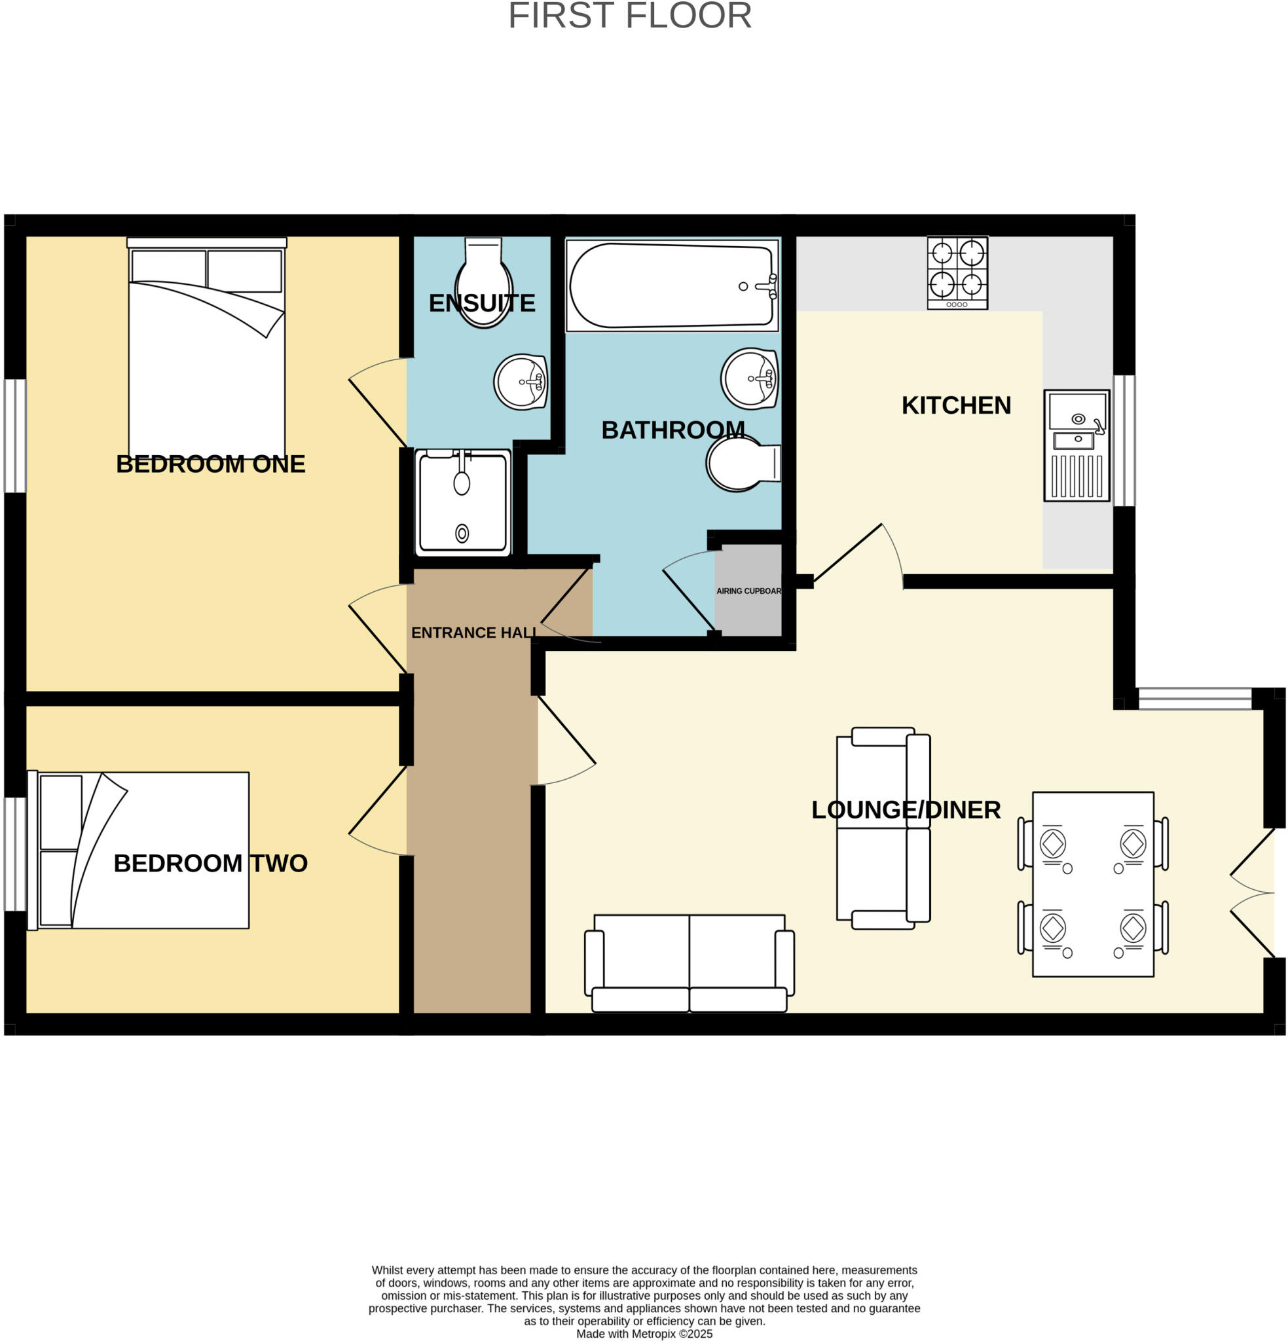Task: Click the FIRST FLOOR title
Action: click(x=629, y=16)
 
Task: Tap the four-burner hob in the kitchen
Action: click(x=957, y=273)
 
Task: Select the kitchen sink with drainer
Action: click(x=1076, y=445)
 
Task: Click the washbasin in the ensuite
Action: click(x=520, y=382)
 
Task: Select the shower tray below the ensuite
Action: click(x=463, y=502)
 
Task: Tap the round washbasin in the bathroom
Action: click(x=749, y=378)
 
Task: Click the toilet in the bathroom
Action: click(x=742, y=463)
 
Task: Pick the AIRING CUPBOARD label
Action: click(x=748, y=591)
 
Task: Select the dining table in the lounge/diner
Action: click(x=1092, y=885)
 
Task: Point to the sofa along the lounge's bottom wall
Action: click(x=688, y=963)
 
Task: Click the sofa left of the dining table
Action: click(x=882, y=828)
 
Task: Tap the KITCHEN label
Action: click(x=955, y=406)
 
